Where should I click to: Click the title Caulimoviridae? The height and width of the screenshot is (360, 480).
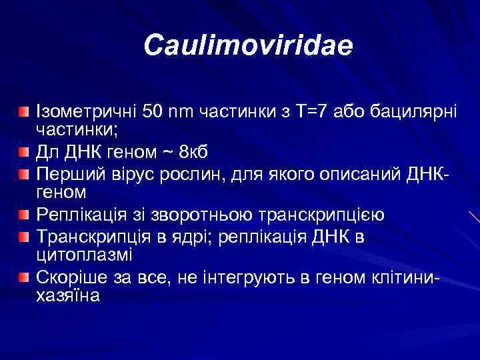pos(248,46)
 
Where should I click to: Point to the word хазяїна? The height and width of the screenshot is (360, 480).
pos(67,296)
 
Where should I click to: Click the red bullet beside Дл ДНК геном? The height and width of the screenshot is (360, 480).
pos(24,153)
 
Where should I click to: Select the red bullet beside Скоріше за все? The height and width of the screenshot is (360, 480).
pos(24,276)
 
